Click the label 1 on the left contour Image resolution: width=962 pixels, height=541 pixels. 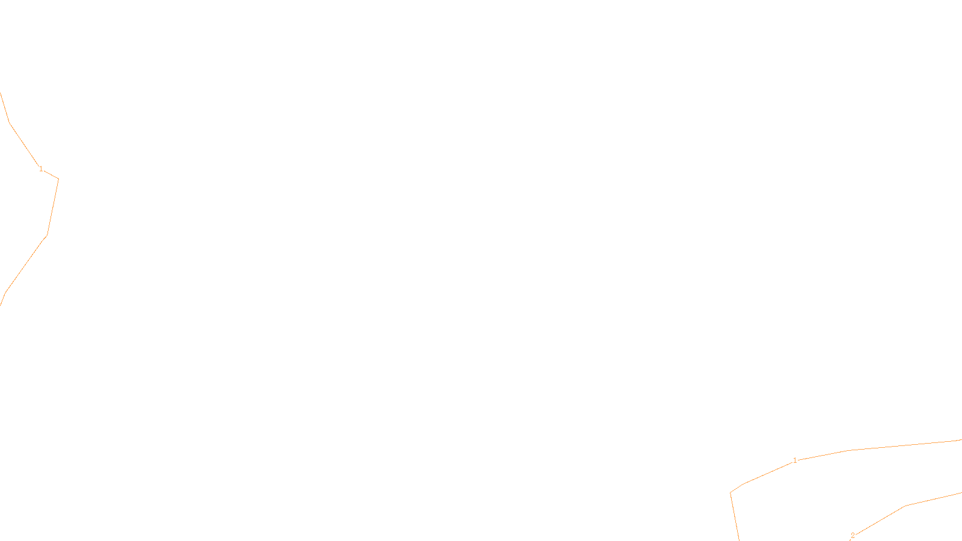pos(41,170)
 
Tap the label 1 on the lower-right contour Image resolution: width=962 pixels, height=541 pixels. pos(795,460)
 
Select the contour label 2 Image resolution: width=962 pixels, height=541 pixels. pos(853,536)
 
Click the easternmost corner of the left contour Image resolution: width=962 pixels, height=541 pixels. pos(58,179)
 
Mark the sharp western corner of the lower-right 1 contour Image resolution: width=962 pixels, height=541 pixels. pos(731,493)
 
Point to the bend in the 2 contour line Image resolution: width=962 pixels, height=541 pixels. pos(905,506)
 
